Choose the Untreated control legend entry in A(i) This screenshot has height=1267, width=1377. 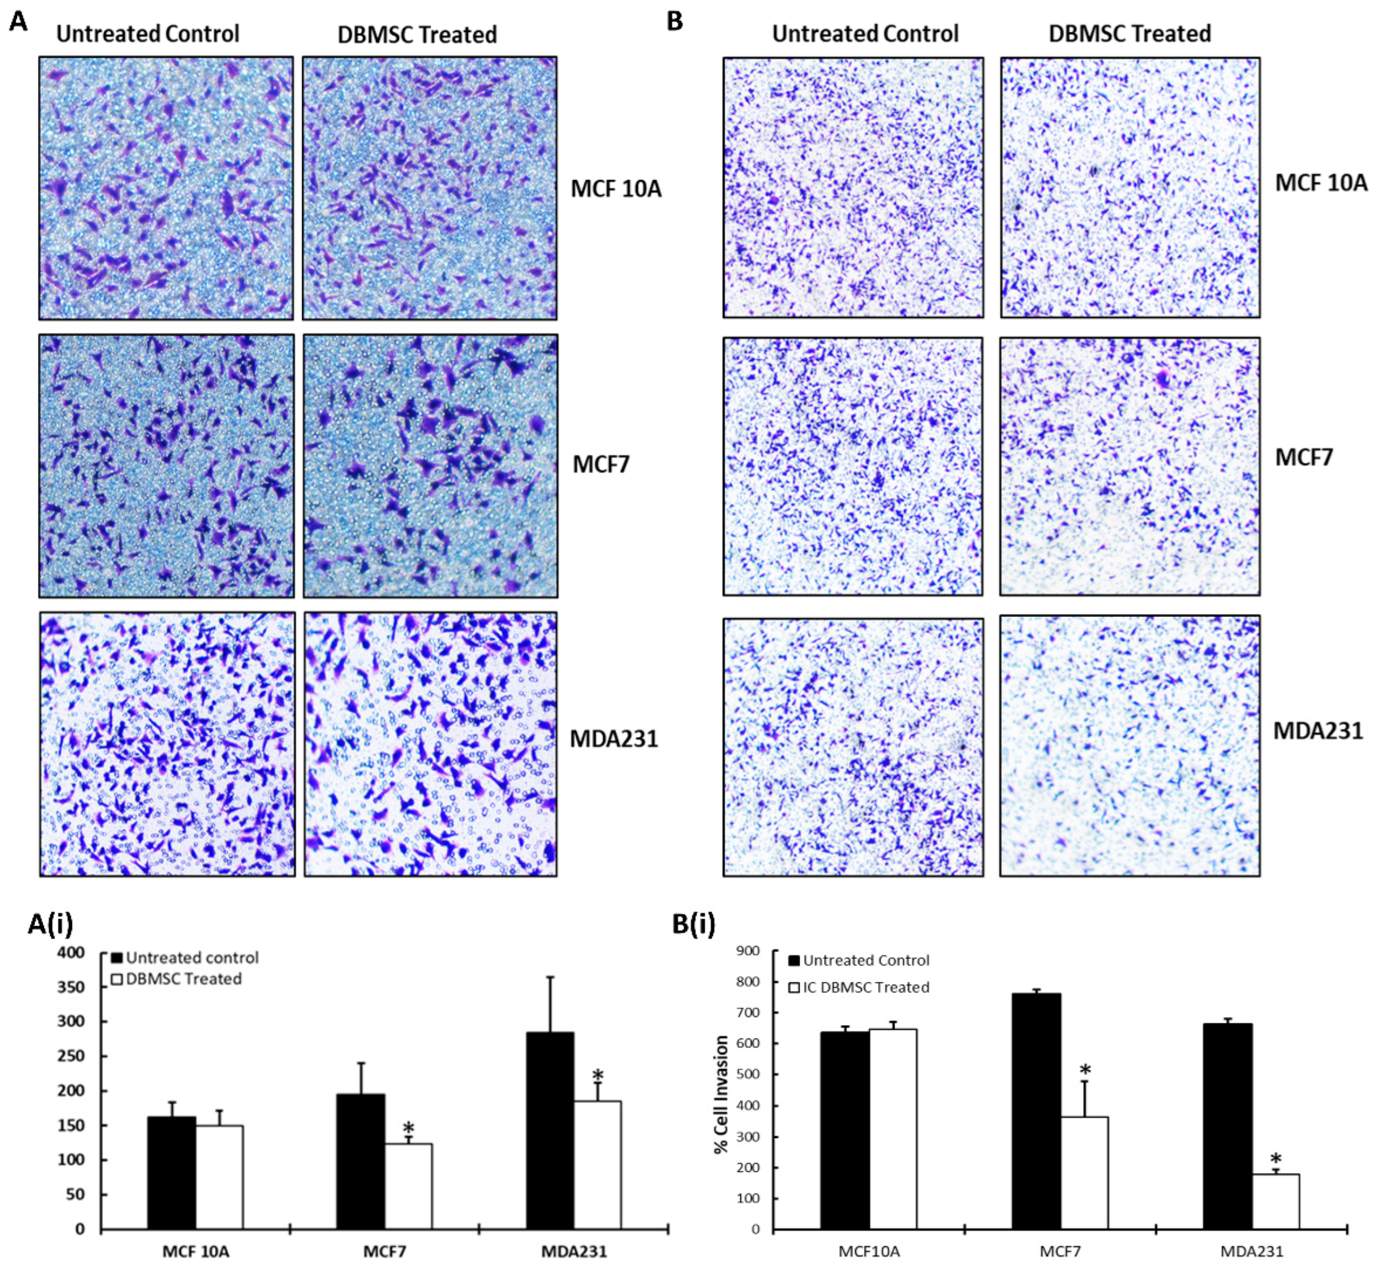(185, 958)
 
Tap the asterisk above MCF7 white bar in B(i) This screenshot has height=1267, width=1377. (1085, 1071)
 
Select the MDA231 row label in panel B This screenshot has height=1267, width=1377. (1317, 731)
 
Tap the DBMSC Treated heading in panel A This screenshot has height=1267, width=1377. (417, 34)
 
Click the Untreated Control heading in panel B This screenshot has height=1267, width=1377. (865, 33)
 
